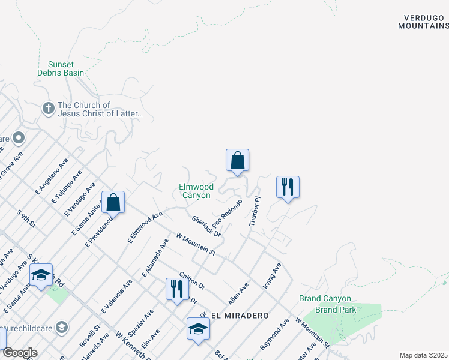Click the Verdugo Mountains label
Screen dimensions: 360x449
pos(423,22)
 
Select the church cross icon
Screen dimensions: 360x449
pos(48,109)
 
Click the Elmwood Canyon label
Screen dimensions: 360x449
pos(196,191)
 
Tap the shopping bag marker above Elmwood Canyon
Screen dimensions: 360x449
pos(237,160)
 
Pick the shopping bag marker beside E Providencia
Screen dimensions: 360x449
pos(113,202)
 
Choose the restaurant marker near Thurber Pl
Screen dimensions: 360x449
pos(288,187)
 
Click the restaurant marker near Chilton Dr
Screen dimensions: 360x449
pos(177,289)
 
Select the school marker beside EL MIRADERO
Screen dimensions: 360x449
pos(198,329)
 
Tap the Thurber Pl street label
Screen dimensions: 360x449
pos(255,211)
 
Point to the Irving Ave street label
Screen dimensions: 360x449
pos(272,275)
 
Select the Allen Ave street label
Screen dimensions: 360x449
pos(238,294)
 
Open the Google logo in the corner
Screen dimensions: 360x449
pos(20,352)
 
